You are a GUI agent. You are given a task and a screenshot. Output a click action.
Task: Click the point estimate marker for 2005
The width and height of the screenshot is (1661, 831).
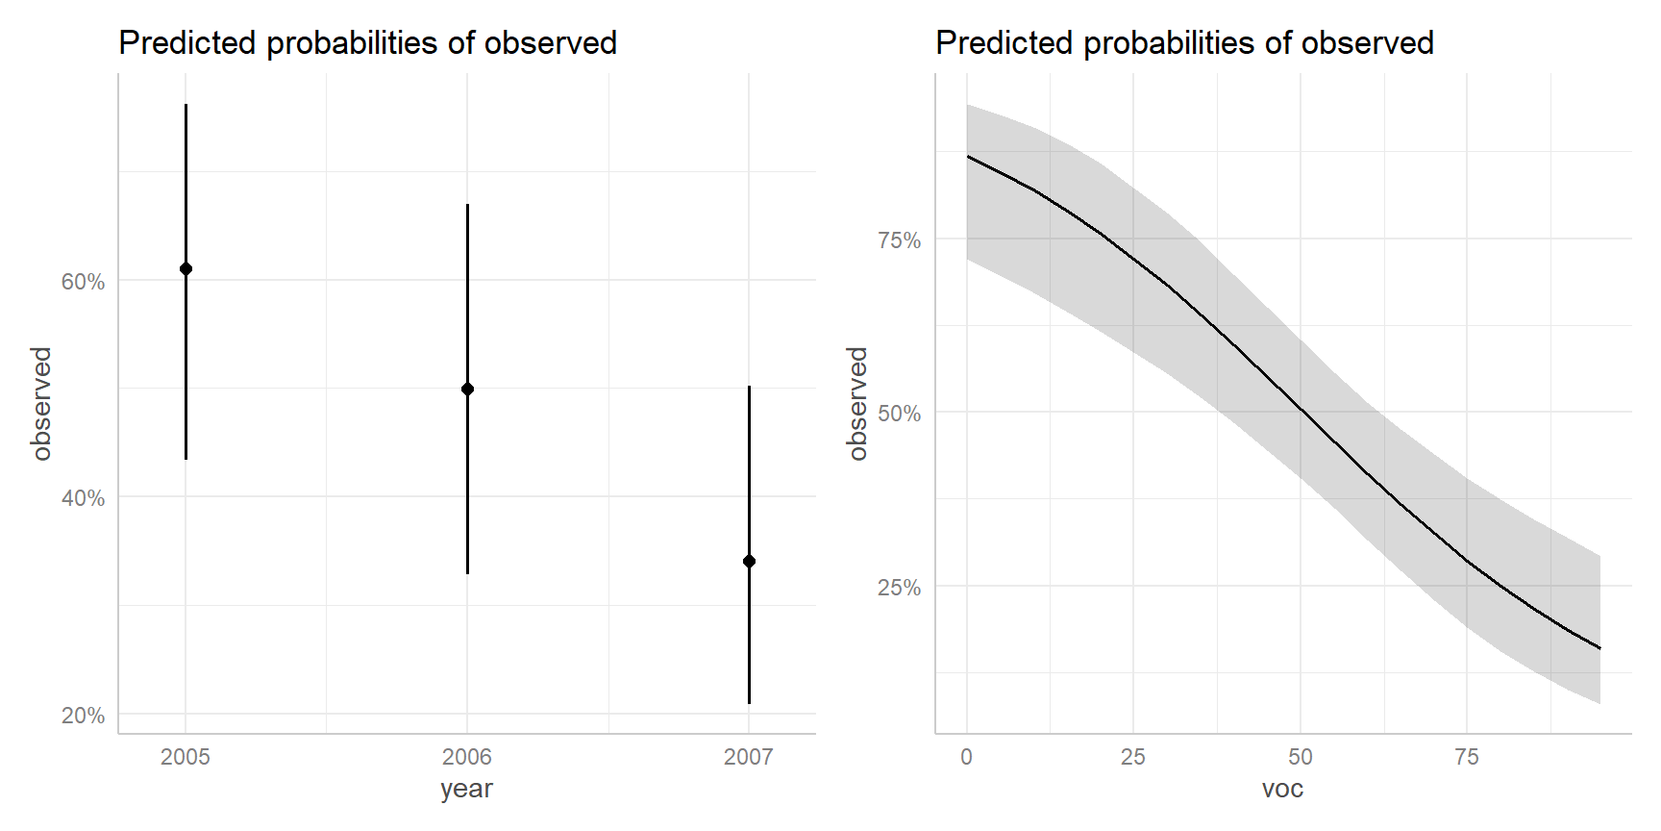186,268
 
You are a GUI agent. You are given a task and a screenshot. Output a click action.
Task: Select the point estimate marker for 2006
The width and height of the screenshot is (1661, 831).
467,389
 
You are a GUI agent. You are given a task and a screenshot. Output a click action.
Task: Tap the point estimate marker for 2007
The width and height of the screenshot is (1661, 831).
749,561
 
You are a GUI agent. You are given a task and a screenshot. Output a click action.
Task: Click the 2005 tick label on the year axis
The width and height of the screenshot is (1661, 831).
186,757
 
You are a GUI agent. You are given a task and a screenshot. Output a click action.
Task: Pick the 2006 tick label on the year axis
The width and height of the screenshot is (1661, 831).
467,757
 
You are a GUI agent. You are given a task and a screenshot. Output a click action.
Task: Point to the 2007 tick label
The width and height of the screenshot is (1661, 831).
749,757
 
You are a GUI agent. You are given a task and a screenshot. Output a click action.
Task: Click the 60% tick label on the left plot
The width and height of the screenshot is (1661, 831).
83,282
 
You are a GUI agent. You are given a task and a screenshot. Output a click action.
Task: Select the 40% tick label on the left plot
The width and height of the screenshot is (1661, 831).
83,498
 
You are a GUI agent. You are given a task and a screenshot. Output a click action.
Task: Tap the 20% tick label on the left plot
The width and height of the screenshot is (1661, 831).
83,716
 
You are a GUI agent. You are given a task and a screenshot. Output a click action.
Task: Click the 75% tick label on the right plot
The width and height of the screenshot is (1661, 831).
899,240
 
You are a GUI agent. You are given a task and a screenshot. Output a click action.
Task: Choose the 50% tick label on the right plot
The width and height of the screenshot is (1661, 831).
899,414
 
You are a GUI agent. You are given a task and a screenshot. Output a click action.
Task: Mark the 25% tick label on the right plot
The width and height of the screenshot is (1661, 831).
899,588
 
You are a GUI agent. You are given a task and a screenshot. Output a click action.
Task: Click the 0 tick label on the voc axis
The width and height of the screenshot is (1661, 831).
967,757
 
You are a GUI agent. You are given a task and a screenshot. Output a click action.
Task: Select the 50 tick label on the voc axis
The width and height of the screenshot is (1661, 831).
1301,757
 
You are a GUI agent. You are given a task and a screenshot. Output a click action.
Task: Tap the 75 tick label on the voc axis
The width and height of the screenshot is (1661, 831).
1467,757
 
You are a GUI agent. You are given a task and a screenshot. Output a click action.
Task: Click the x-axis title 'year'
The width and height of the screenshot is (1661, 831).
466,789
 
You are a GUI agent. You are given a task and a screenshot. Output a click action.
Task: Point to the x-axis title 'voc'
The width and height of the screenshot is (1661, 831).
1282,789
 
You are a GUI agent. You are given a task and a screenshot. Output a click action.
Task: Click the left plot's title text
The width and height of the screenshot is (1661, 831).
367,43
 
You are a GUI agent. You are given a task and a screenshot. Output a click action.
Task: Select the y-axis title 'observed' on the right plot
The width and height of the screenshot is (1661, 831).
857,404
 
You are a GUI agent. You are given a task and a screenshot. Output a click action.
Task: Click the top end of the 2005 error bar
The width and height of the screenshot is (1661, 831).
186,105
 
